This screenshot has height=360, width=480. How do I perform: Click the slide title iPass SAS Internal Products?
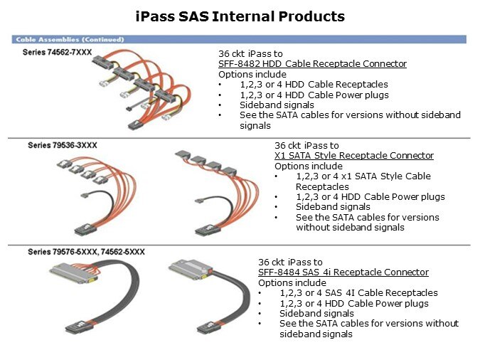[x=240, y=16]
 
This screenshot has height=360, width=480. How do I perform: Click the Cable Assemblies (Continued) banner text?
[x=70, y=40]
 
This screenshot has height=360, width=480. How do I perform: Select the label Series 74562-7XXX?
[x=58, y=52]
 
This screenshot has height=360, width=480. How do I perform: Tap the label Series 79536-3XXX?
[x=63, y=145]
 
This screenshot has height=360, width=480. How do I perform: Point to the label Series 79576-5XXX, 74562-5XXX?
[x=86, y=252]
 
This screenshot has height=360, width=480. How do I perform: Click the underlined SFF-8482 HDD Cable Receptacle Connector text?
[x=313, y=64]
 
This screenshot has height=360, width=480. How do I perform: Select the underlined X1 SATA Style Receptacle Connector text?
[x=354, y=156]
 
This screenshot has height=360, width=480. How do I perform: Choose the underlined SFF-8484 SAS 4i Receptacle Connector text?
[x=343, y=272]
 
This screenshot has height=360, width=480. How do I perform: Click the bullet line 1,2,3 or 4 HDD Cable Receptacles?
[x=314, y=84]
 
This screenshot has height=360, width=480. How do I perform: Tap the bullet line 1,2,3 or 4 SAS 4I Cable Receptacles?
[x=359, y=293]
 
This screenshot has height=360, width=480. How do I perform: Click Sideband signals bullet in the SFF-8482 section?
[x=277, y=105]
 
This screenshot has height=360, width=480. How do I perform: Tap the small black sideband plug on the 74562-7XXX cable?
[x=129, y=108]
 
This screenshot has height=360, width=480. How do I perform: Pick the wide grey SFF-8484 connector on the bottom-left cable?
[x=74, y=273]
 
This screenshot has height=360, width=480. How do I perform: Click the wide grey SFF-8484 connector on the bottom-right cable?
[x=190, y=270]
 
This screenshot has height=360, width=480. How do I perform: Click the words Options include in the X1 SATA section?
[x=309, y=166]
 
